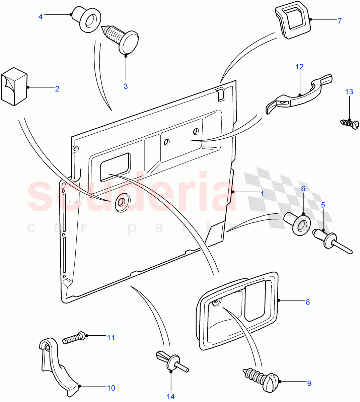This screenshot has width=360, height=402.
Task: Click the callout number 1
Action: pos(263,194)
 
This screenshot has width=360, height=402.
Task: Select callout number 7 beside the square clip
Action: pos(339,21)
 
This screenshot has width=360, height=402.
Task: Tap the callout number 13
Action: pos(349,91)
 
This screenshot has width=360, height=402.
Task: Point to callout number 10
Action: pos(111,388)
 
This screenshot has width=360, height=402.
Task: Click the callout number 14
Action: pos(171,396)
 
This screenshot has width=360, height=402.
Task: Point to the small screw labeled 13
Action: pos(351,125)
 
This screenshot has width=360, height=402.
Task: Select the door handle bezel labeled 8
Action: pos(238,311)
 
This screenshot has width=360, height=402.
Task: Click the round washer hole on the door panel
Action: pos(121,202)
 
